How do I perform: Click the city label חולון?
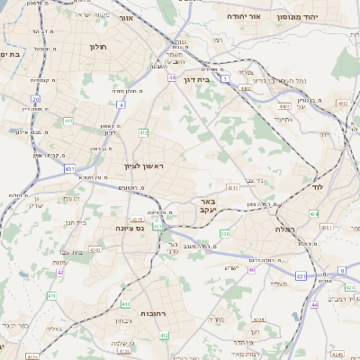click(97, 45)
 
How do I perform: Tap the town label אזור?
click(125, 18)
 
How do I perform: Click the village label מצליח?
click(278, 283)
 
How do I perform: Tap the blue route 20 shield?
click(35, 99)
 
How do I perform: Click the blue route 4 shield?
click(121, 104)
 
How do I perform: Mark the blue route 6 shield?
click(342, 270)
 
